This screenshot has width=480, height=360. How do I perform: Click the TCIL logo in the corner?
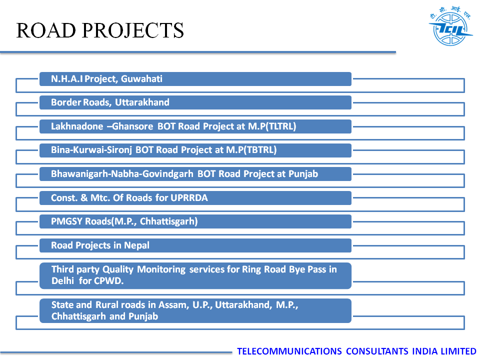[450, 26]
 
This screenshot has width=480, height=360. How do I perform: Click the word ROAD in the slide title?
[46, 30]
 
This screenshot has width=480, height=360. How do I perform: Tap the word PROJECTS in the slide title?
[133, 30]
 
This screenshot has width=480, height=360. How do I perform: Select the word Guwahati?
[141, 79]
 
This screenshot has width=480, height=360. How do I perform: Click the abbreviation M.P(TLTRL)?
[272, 126]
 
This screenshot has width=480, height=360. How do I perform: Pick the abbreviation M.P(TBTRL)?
[251, 150]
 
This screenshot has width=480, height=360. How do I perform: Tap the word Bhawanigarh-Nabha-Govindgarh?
[122, 174]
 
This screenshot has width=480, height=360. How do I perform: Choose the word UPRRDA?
[189, 198]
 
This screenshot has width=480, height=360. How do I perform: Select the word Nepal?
[136, 245]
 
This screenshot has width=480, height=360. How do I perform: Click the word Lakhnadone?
[77, 126]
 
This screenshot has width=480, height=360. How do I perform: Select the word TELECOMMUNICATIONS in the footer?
[289, 351]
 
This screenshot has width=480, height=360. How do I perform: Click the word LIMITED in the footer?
[458, 351]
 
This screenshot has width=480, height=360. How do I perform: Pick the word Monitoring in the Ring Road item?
[161, 269]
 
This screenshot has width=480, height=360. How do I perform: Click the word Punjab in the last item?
[143, 316]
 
